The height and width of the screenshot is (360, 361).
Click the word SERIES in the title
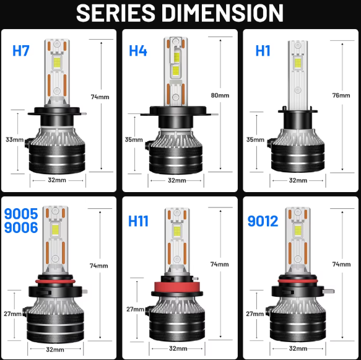coord(116,13)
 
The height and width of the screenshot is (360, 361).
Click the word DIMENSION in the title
coord(222,13)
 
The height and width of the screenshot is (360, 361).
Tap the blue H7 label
coord(21,51)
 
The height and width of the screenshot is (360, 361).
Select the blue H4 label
coord(138,51)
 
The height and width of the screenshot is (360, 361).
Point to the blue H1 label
coord(263,51)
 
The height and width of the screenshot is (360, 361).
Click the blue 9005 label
coord(21,214)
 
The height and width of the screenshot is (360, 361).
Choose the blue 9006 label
coord(21,227)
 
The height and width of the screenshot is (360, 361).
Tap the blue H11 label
coord(138,221)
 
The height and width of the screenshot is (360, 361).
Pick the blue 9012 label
coord(263,221)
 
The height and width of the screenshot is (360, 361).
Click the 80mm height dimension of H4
coord(220,95)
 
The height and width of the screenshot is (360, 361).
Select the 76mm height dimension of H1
coord(341,95)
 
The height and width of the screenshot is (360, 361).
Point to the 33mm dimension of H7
coord(14,139)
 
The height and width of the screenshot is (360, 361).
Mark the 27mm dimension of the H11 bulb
coord(135,309)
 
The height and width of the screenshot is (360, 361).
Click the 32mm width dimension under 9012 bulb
coord(298,348)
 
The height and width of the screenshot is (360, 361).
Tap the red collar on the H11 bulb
coord(177,288)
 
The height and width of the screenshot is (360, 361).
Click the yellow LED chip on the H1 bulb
coord(298,63)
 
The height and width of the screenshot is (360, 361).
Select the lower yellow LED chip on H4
coord(176,71)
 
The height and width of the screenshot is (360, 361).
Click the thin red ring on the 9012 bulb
coord(298,281)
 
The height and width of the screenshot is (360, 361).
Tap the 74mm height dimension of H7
coord(100,97)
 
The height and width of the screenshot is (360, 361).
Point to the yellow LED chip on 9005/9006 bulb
coord(56,229)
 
